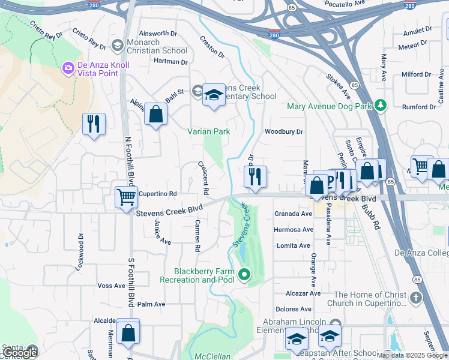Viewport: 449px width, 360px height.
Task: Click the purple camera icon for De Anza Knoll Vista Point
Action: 68,67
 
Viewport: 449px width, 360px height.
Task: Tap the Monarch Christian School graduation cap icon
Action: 117,45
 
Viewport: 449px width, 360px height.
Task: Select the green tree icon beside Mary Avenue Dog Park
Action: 380,106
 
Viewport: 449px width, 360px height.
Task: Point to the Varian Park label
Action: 208,131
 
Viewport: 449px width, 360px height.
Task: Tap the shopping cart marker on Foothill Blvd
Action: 126,196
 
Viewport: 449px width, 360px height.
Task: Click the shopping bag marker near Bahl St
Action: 155,114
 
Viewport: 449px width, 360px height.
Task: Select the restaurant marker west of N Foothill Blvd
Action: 94,124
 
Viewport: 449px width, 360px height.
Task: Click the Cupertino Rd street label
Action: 157,194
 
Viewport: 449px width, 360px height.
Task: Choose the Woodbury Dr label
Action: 284,131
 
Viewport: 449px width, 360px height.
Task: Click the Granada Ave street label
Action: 294,214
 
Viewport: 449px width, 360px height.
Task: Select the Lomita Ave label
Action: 294,245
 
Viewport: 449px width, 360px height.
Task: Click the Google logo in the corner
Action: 20,353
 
